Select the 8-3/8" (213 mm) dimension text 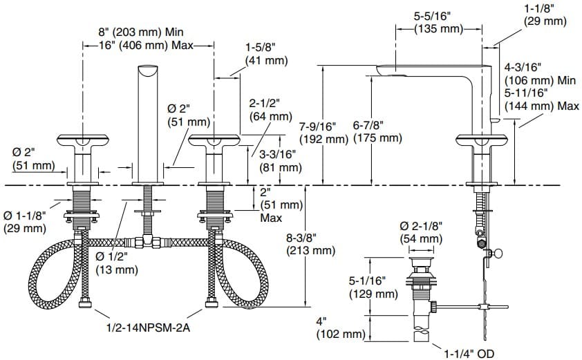pos(310,244)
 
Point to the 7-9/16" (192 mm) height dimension pos(326,133)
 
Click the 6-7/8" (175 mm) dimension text pos(377,132)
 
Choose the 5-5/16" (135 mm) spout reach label pos(438,21)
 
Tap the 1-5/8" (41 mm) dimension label pos(266,54)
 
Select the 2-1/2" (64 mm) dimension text pos(270,109)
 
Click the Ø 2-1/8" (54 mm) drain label pos(421,233)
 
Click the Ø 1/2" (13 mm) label pos(116,263)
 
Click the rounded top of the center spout pos(147,70)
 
